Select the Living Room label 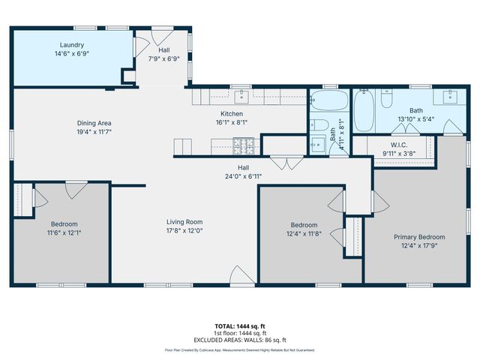(184, 222)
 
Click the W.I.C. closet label (398, 145)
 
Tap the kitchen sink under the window (242, 97)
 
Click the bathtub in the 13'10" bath (364, 112)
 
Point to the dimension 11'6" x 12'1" (64, 233)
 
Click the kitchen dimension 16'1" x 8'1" (231, 122)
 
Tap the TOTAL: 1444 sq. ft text (240, 326)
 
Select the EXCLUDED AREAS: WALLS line (240, 339)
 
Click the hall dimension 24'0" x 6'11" (244, 177)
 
